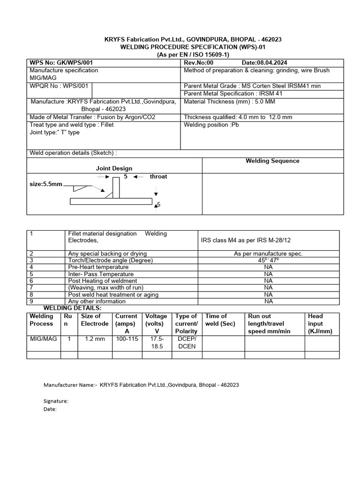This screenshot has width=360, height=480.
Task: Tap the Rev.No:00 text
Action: [x=199, y=63]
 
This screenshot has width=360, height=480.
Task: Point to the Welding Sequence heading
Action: [x=272, y=161]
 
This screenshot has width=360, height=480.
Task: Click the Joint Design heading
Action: [x=114, y=168]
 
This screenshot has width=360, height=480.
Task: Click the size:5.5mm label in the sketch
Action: [x=45, y=185]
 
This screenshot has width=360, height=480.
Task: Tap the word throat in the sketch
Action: [x=158, y=177]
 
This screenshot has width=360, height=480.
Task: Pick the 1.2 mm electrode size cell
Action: [x=95, y=339]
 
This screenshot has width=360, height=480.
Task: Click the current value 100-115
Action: [x=127, y=339]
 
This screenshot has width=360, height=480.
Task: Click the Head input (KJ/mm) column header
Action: [x=319, y=323]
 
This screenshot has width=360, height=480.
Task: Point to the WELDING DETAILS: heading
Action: [x=72, y=308]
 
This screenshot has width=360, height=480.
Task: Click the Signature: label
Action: [x=56, y=401]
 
